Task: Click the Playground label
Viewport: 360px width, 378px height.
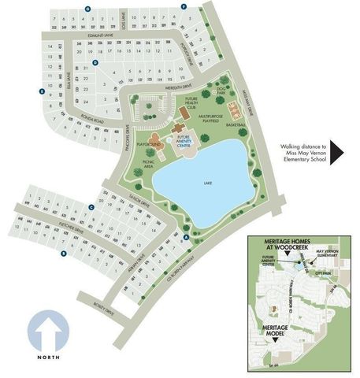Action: (x=149, y=146)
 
